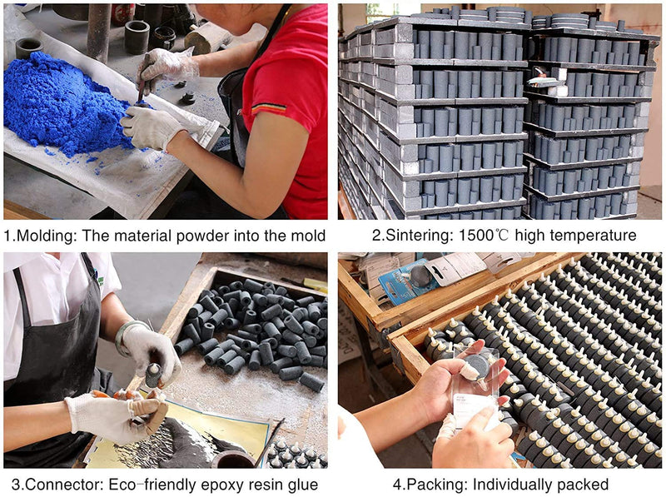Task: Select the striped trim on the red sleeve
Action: click(x=268, y=109)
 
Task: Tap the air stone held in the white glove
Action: click(x=153, y=375)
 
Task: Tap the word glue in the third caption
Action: click(x=302, y=485)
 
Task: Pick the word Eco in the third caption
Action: click(x=122, y=485)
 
